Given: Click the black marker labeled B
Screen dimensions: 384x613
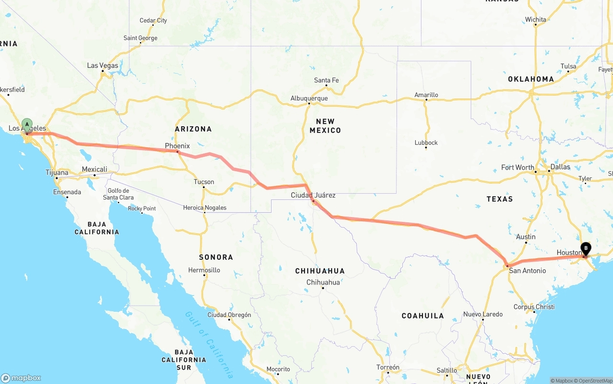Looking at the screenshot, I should (585, 249).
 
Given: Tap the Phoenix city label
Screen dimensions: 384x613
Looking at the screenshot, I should (177, 146).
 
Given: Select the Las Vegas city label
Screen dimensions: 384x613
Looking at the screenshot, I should (102, 66).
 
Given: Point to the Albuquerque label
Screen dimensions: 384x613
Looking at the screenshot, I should (309, 99).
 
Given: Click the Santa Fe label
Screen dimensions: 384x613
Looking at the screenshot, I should (326, 80).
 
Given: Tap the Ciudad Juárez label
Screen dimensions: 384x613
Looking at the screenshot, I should (313, 195).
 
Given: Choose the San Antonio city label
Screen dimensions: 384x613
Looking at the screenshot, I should (527, 271).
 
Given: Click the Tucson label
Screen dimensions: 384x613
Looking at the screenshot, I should (204, 182).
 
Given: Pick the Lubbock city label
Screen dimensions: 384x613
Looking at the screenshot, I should (426, 143).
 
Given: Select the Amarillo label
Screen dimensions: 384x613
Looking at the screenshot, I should (426, 95).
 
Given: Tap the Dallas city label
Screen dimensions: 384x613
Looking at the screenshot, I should (560, 167).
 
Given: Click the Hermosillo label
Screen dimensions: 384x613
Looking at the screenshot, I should (204, 270).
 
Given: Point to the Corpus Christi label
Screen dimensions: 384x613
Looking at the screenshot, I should (534, 307).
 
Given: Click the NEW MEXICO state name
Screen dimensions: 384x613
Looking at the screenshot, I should (325, 126).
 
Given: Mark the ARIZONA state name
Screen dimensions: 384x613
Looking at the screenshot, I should (193, 129).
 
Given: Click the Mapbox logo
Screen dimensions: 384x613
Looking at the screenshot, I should (21, 378).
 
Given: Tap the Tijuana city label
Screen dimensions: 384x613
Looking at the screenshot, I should (57, 173).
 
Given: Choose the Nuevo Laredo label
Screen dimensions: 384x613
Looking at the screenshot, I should (483, 314).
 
